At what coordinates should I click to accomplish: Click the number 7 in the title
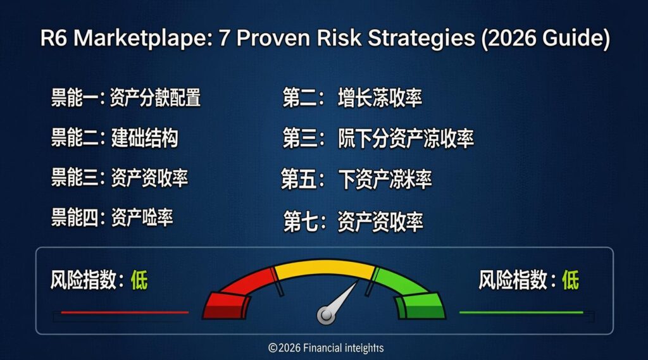pos(222,39)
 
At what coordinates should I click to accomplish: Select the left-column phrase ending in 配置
pos(155,98)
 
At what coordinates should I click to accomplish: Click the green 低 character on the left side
pos(139,280)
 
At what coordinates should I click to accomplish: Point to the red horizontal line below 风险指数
pos(125,312)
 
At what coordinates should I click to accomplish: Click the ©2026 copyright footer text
pos(325,348)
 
